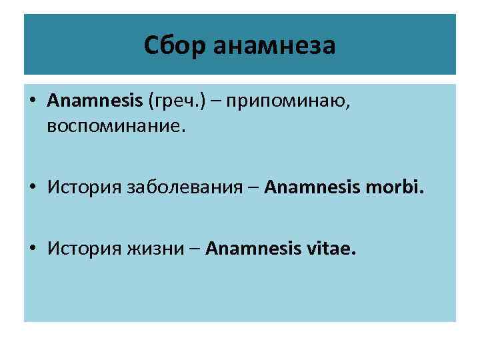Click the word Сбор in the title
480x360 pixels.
173,46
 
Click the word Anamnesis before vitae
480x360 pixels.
253,249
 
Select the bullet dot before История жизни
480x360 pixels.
33,249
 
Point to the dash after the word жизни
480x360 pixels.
196,250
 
